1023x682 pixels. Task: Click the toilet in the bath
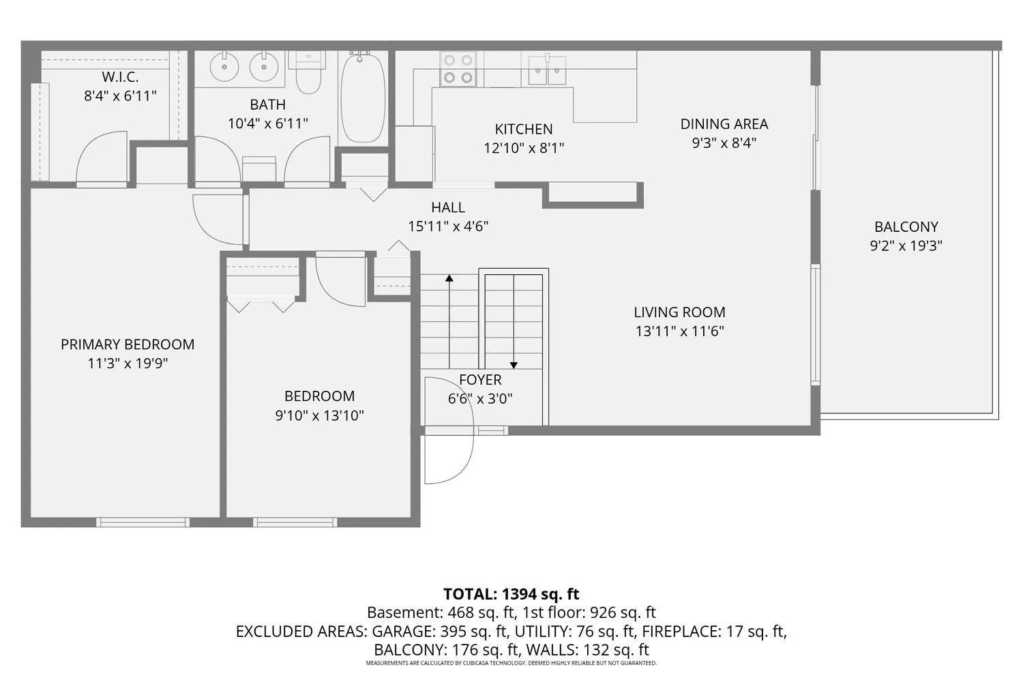click(309, 72)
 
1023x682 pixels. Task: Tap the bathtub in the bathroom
click(363, 98)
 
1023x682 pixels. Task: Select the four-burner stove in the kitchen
click(458, 68)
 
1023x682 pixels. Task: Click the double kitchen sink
click(547, 70)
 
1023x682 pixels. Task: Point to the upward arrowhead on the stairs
click(449, 278)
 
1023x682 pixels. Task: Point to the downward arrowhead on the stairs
click(514, 365)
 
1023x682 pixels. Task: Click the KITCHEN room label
click(523, 130)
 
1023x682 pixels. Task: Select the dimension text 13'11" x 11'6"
click(679, 331)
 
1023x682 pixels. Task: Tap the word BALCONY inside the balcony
click(906, 226)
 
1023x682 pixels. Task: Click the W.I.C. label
click(120, 77)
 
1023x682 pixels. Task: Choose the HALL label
click(448, 207)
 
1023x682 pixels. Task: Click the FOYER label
click(480, 380)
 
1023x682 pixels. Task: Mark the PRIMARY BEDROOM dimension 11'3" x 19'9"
click(128, 364)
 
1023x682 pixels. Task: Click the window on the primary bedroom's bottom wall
click(143, 522)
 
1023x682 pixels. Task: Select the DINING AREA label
click(724, 124)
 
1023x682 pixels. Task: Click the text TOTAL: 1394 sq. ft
click(511, 594)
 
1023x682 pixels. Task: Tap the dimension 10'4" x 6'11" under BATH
click(267, 123)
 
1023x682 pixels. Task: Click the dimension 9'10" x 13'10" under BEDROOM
click(319, 416)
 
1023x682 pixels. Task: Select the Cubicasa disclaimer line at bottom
click(511, 663)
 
